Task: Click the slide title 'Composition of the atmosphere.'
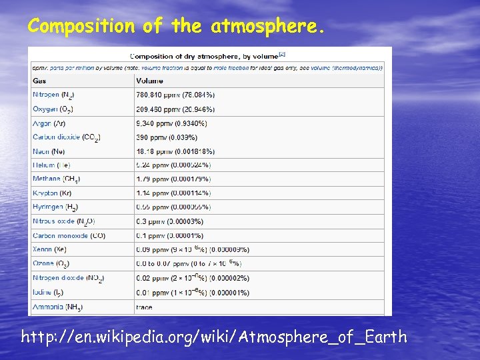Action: pos(177,27)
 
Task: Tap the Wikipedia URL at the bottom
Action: pos(214,337)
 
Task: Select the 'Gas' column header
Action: pos(40,81)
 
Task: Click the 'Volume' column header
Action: pos(149,81)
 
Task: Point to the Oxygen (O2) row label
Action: pos(53,109)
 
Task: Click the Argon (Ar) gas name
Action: pos(49,123)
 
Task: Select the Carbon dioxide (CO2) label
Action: pos(66,137)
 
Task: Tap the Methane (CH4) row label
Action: pos(57,179)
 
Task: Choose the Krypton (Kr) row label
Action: pos(51,193)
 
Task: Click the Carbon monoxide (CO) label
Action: pos(69,235)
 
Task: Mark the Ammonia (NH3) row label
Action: pos(57,307)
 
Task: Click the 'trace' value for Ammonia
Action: pos(144,307)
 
